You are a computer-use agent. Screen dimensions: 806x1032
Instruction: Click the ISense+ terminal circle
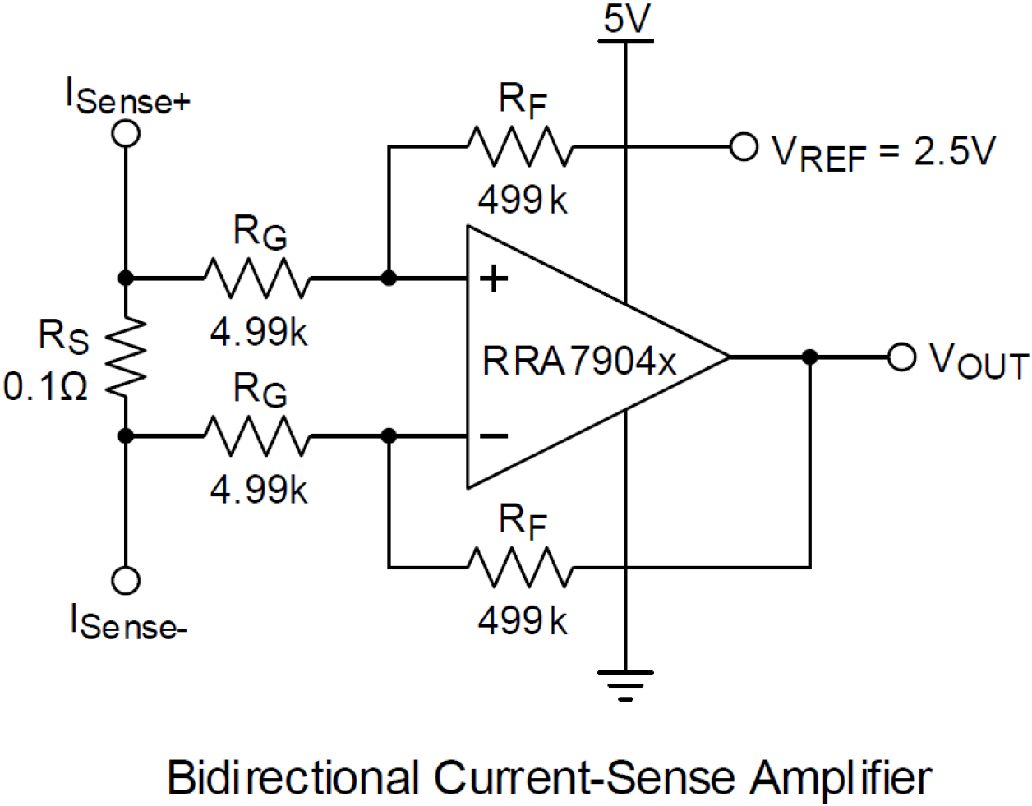point(126,133)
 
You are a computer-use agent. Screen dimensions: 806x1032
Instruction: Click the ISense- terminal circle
point(126,580)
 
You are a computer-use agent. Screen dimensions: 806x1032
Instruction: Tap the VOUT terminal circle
point(901,357)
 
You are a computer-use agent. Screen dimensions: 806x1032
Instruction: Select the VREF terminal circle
point(744,148)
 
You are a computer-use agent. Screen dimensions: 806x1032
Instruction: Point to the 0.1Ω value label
point(46,386)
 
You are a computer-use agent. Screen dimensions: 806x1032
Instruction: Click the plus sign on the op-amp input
point(494,279)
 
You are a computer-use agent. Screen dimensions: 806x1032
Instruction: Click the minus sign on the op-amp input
point(494,435)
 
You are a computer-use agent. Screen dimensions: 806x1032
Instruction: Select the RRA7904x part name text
point(579,361)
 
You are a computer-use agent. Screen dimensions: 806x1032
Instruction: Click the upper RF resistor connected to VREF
point(518,148)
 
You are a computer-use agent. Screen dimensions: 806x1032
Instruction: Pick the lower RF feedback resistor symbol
point(518,568)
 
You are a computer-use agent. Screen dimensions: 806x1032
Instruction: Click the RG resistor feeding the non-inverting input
point(257,279)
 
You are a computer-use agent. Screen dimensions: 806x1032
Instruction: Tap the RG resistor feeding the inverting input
point(257,436)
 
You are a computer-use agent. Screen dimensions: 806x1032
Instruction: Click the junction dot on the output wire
point(810,357)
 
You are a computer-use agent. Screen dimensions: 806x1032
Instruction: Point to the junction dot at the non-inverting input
point(389,279)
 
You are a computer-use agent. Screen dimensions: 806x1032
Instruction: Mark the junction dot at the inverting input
point(389,436)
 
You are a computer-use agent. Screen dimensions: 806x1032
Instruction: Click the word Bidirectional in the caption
point(292,776)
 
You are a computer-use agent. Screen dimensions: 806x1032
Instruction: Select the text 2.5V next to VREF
point(954,151)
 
